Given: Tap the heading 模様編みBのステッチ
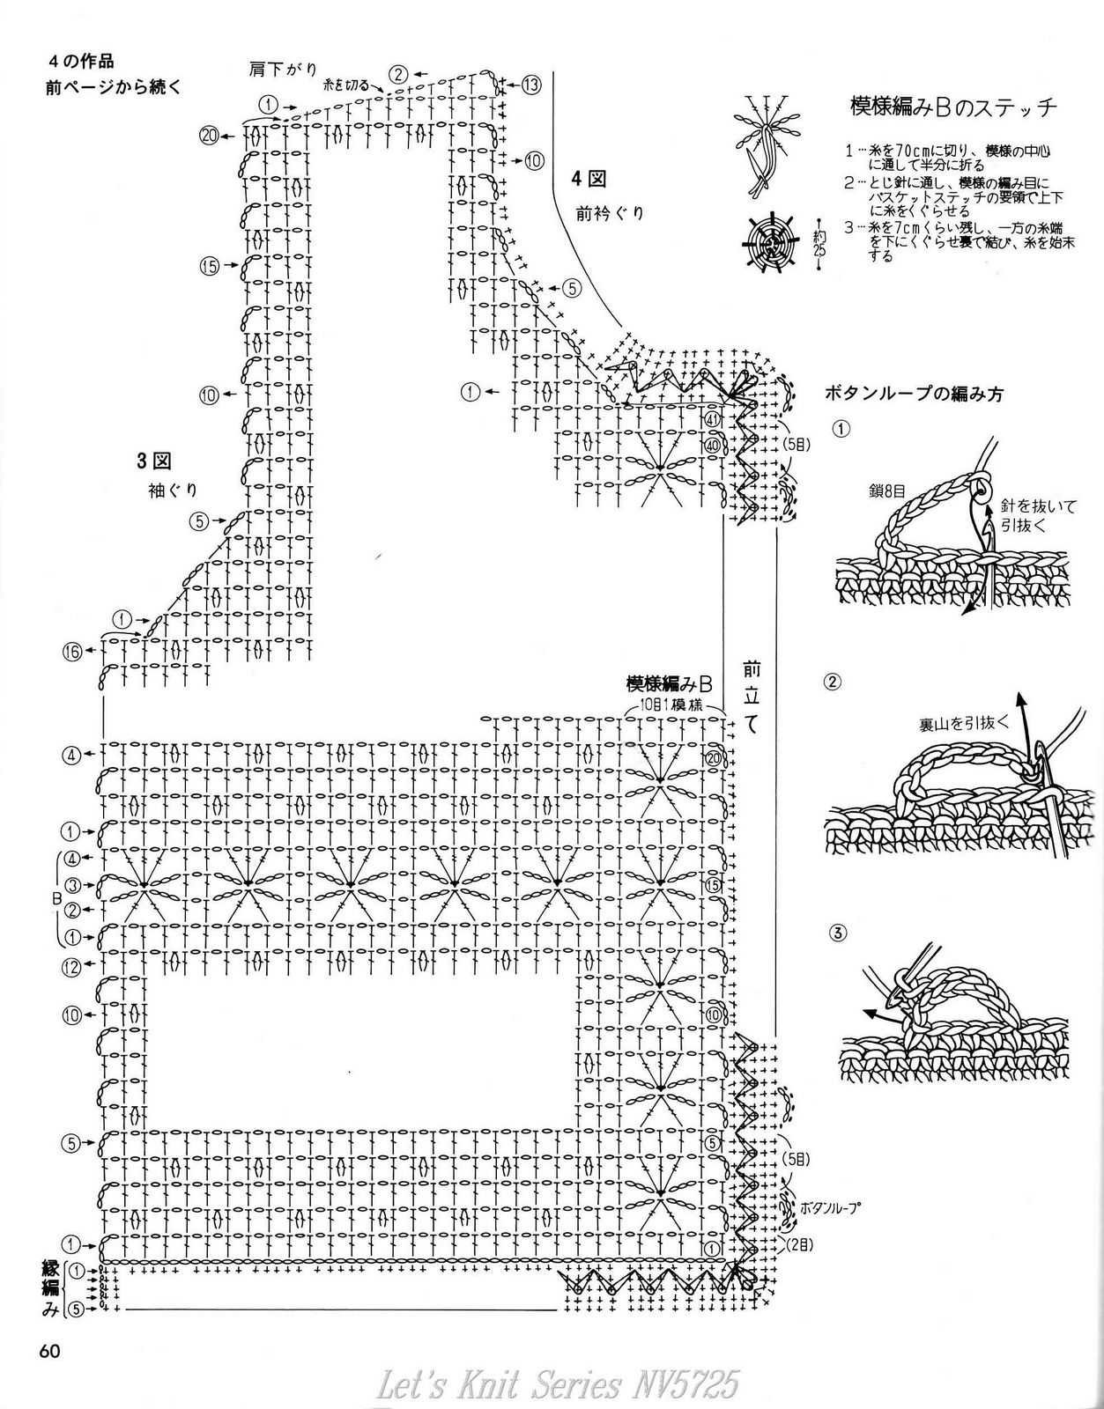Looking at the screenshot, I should (953, 108).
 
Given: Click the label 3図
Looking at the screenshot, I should (152, 460).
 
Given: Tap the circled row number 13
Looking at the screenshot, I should (530, 85).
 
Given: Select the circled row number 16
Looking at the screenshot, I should (72, 652).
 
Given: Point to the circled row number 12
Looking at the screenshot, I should (72, 966).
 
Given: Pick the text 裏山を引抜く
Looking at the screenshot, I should (961, 723).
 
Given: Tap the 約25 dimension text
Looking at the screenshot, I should (819, 238).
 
